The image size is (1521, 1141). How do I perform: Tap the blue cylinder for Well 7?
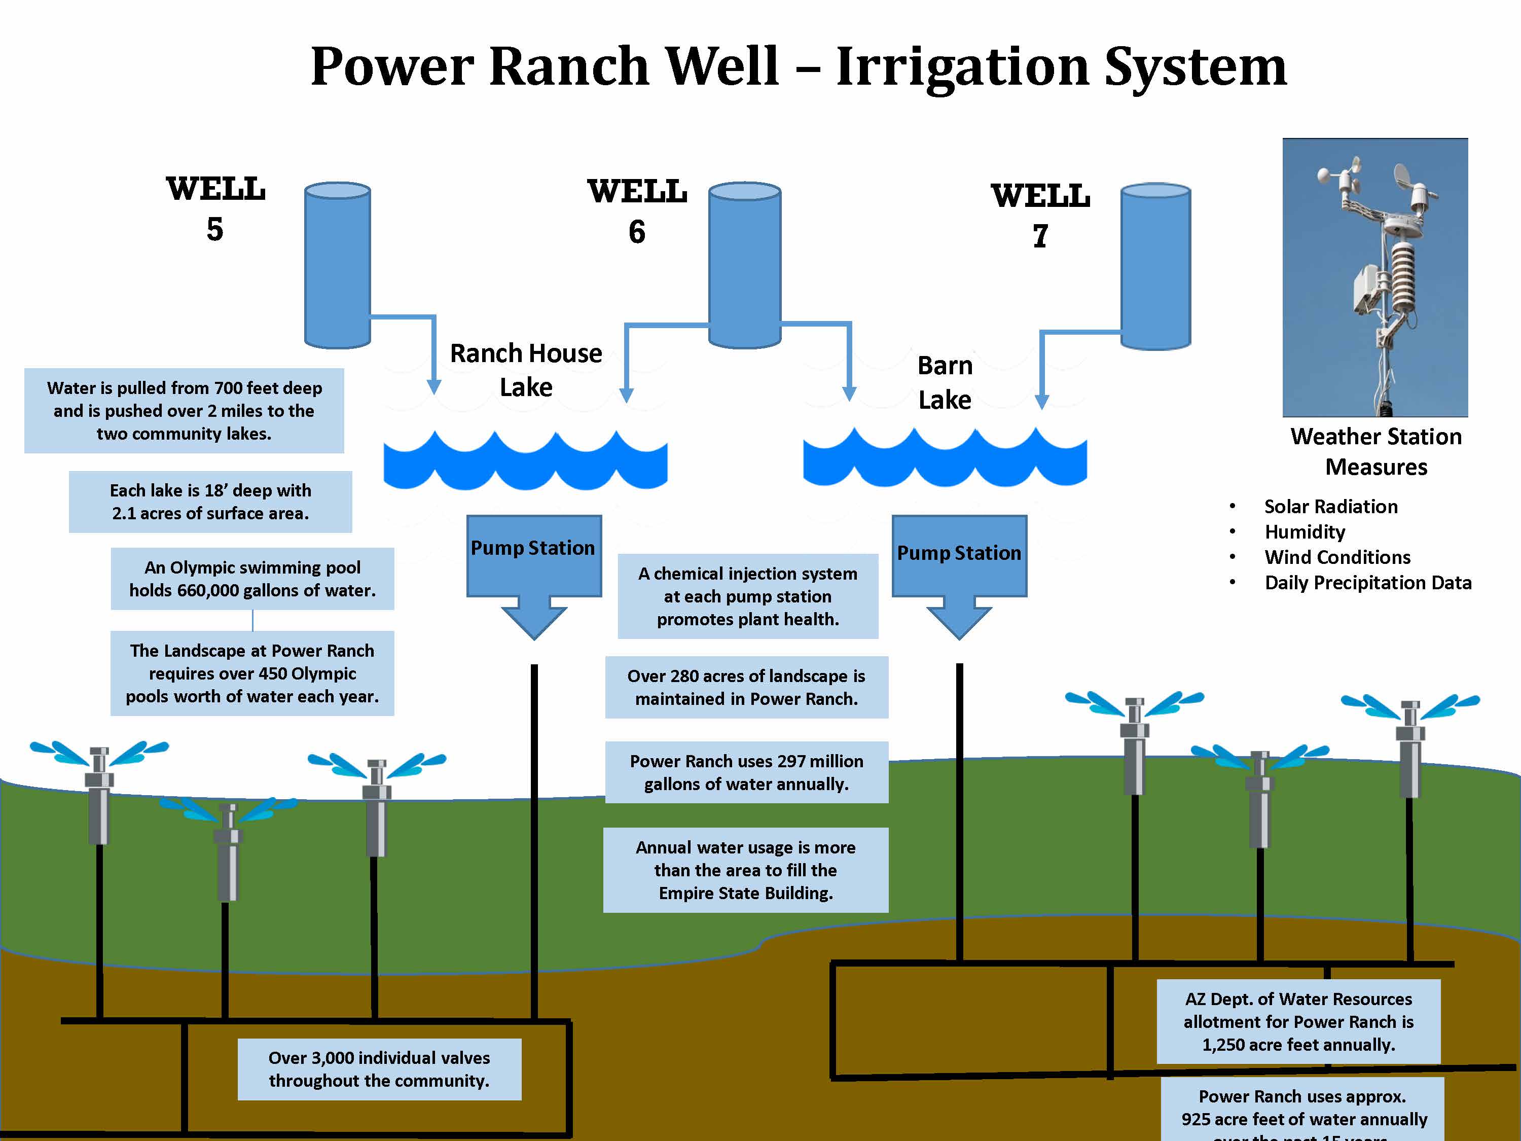(1155, 267)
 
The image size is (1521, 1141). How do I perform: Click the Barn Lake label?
(945, 382)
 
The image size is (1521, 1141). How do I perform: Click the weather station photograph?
(1374, 277)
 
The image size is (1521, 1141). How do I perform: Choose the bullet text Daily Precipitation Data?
(1368, 583)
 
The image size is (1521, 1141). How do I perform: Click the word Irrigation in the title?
(963, 67)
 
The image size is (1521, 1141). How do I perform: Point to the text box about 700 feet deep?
(184, 411)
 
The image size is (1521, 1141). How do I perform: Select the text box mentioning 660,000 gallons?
(252, 579)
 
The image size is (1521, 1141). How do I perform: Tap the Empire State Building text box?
(745, 870)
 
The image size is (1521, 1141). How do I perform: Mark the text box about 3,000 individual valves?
(379, 1069)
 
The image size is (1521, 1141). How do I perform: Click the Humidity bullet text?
(1305, 531)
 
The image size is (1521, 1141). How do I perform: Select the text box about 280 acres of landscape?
(746, 687)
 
